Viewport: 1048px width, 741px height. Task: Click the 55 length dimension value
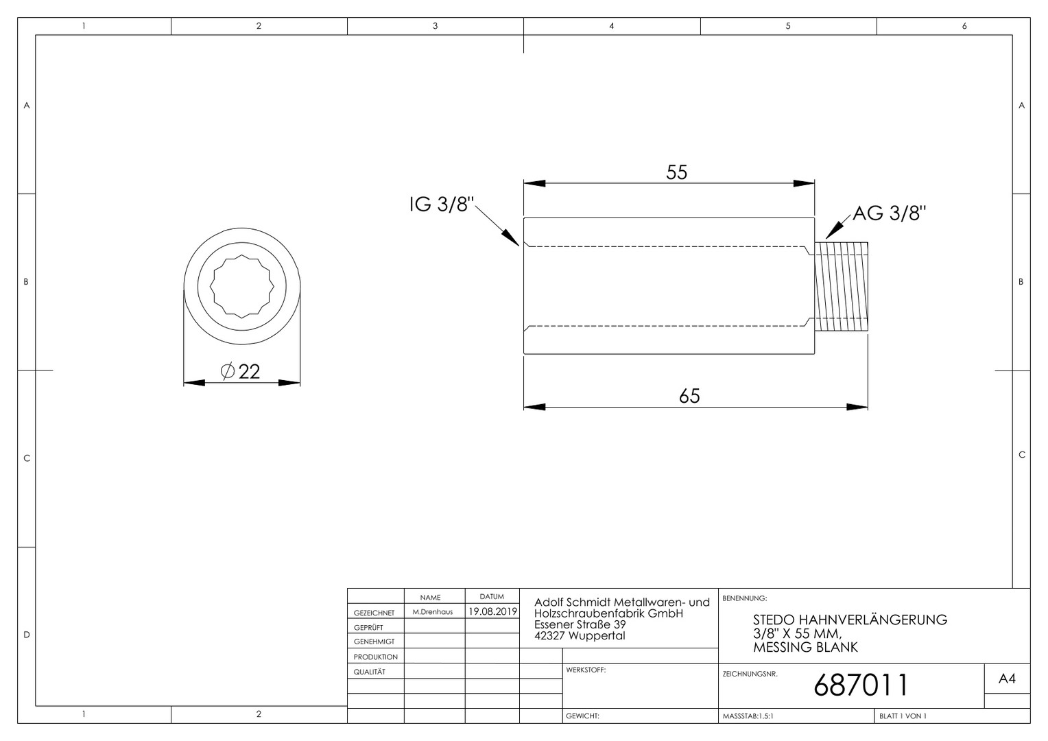click(x=676, y=172)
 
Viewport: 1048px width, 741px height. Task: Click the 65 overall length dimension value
click(x=689, y=396)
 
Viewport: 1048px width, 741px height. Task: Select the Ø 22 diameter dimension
click(x=240, y=372)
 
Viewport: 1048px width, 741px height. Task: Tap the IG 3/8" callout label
click(x=442, y=204)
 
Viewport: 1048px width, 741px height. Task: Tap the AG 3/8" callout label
click(x=889, y=213)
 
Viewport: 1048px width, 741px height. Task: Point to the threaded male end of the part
click(x=841, y=287)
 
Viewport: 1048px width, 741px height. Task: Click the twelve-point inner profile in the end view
click(x=242, y=286)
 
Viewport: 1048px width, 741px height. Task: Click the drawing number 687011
click(x=861, y=685)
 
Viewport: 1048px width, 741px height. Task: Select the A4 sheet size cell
click(x=1007, y=679)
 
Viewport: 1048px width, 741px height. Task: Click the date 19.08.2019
click(x=492, y=611)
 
